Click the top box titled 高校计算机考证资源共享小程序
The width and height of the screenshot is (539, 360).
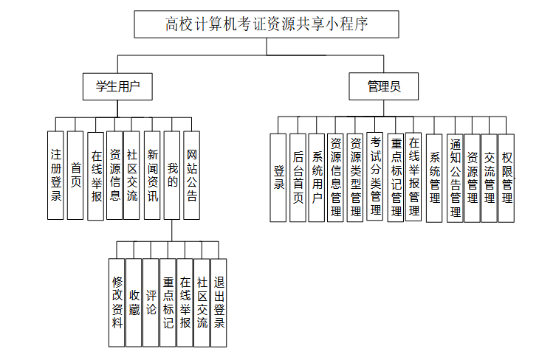(267, 24)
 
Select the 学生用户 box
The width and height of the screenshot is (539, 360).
(118, 86)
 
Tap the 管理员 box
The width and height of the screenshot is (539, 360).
(384, 86)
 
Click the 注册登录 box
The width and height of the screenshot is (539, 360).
(56, 176)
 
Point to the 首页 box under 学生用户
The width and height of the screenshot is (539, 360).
(75, 176)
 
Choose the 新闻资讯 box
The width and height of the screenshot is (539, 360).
(152, 176)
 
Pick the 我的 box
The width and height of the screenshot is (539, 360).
(172, 176)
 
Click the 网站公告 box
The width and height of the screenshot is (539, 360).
(191, 176)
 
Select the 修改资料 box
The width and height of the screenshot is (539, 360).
(117, 302)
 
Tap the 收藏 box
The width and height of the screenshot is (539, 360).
(134, 302)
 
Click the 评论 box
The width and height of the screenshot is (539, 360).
(151, 302)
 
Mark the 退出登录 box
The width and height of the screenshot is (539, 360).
(219, 302)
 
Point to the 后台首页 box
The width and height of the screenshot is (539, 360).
(298, 177)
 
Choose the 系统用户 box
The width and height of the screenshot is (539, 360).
(317, 177)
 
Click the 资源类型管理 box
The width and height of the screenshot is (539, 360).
(355, 177)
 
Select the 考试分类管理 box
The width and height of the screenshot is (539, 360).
(375, 177)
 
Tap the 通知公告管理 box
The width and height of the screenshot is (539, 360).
(455, 177)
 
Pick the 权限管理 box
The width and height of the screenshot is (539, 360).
(507, 177)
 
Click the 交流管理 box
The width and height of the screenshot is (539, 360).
(490, 177)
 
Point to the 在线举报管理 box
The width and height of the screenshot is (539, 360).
(413, 177)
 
